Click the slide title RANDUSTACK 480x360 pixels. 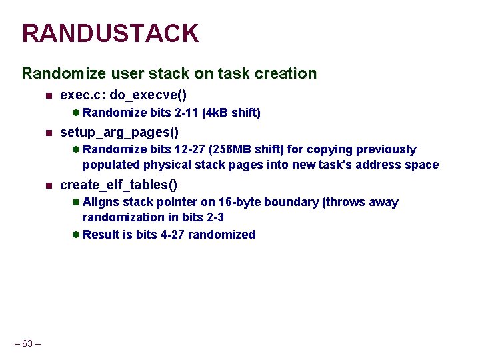pos(110,33)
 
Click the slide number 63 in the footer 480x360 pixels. pos(28,343)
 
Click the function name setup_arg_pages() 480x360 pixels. pos(119,132)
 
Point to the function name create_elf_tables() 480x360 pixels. pos(119,185)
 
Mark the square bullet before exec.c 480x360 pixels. pos(48,96)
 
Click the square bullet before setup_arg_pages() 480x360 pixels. pos(48,133)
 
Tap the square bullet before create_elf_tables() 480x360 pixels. pos(48,185)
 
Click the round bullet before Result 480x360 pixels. pos(76,235)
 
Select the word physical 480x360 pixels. pos(161,165)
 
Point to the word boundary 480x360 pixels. pos(296,202)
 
